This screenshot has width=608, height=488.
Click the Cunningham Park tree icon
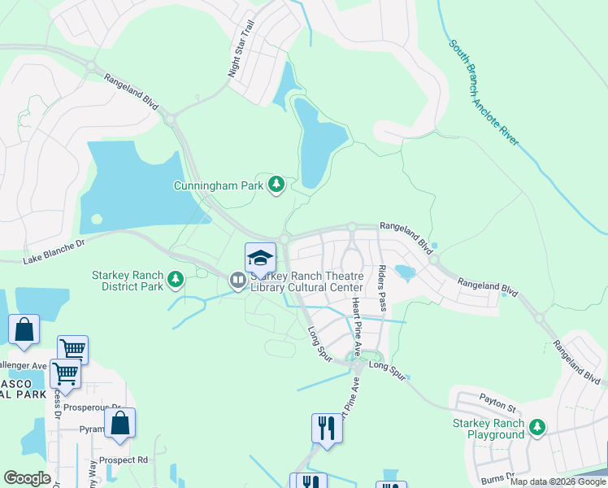(x=276, y=185)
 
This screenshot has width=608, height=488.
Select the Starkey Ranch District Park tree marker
(x=175, y=281)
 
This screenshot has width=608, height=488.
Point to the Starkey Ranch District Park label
(x=128, y=281)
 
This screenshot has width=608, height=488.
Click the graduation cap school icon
(x=260, y=257)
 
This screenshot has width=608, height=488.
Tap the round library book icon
(x=237, y=281)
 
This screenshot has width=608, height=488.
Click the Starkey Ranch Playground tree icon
(x=536, y=427)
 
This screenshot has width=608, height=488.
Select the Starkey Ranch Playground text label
(x=489, y=429)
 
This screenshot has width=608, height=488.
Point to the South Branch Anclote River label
(x=484, y=91)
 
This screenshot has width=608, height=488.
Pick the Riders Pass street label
(x=380, y=288)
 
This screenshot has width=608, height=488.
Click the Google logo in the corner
(x=27, y=478)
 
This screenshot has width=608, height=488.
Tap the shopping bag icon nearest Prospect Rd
(x=119, y=424)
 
